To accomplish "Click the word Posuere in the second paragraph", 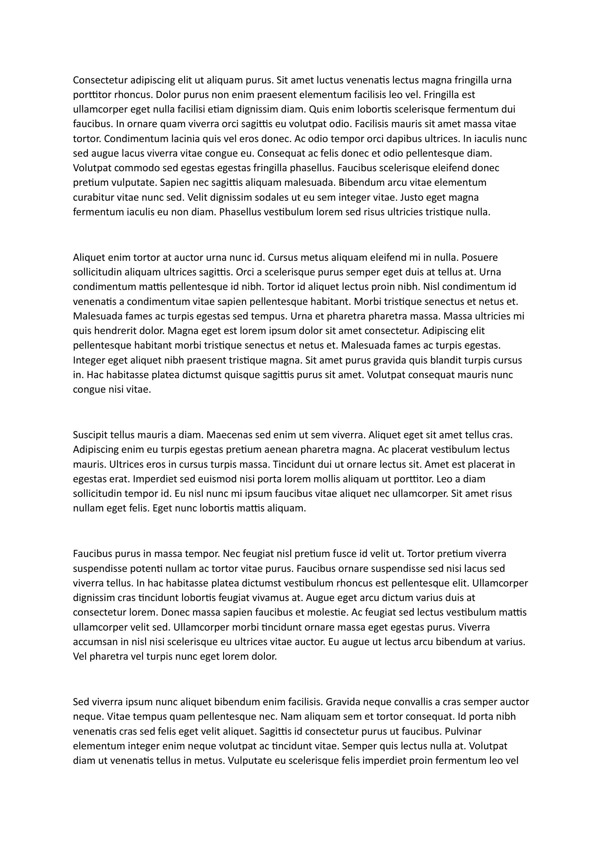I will point(479,257).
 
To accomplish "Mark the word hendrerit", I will point(112,330).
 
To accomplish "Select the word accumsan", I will point(94,641).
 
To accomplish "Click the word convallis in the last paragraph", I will point(411,702).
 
